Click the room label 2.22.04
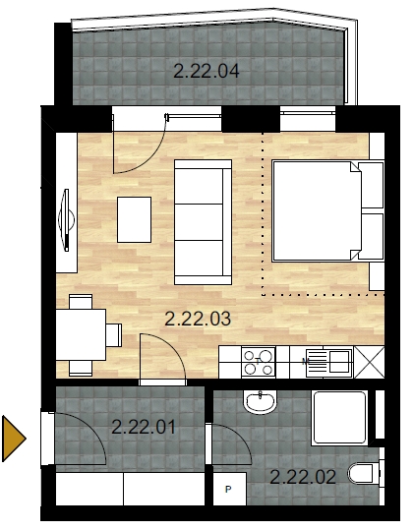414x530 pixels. (207, 71)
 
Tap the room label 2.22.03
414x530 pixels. (198, 319)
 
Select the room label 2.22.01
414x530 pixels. (144, 427)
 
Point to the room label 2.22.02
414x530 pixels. (303, 477)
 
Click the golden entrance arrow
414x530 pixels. (13, 439)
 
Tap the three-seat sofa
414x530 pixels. (203, 222)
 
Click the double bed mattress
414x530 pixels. (317, 211)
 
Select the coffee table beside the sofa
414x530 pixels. (134, 219)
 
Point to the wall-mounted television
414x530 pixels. (67, 219)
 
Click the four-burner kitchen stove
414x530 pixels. (259, 362)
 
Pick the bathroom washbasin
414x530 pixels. (260, 402)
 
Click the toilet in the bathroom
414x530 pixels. (363, 473)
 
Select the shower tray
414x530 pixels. (339, 418)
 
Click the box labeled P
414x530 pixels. (229, 489)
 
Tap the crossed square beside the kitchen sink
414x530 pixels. (369, 362)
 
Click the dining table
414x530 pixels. (81, 334)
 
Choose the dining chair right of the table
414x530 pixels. (114, 335)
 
